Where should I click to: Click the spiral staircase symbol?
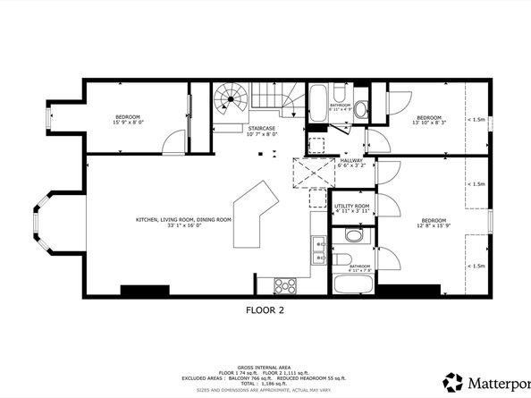click(x=229, y=103)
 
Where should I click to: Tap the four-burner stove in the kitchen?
click(x=286, y=285)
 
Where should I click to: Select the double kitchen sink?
click(x=318, y=250)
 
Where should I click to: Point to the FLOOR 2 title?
click(x=265, y=311)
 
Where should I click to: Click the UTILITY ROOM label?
click(x=351, y=206)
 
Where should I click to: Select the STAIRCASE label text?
click(x=262, y=128)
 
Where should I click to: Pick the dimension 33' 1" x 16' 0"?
click(x=183, y=225)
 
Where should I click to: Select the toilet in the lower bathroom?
click(x=352, y=236)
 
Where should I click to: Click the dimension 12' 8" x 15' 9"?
click(x=434, y=226)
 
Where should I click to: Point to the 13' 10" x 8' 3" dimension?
click(x=429, y=123)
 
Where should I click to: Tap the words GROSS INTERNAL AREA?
click(x=265, y=343)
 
